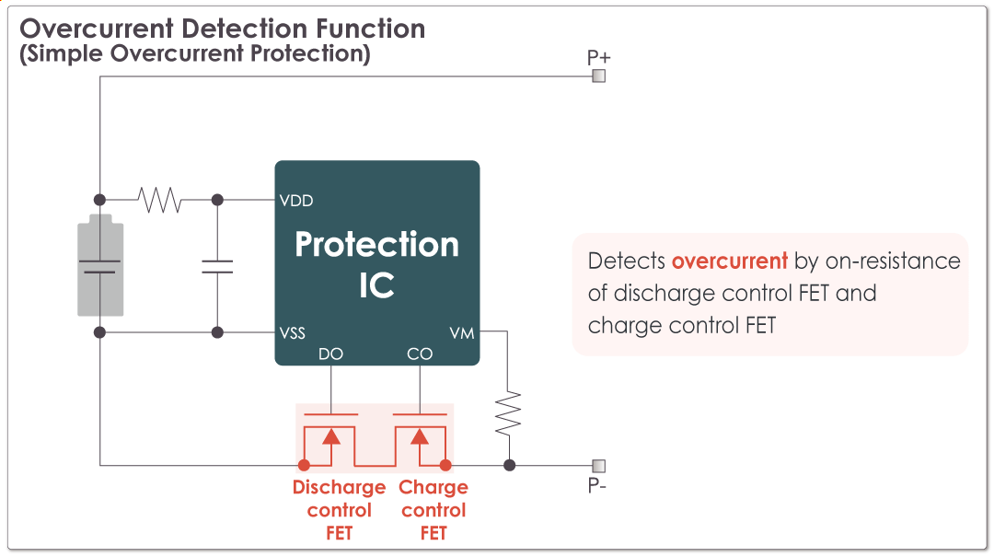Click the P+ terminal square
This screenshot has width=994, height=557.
(x=598, y=76)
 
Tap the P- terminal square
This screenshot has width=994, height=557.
(x=598, y=465)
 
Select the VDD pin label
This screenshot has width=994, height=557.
(x=296, y=201)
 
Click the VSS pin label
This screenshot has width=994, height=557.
(x=293, y=333)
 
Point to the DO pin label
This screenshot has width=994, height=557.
(x=330, y=354)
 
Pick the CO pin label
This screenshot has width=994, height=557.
(x=420, y=354)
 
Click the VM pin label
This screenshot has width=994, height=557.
(x=463, y=333)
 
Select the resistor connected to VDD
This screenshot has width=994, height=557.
(x=159, y=200)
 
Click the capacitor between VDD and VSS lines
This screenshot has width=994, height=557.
(x=217, y=267)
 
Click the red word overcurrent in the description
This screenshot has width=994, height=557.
(x=729, y=261)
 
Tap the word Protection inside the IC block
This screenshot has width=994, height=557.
(x=376, y=245)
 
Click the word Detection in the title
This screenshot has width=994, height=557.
(x=248, y=29)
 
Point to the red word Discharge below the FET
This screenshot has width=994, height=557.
(x=339, y=487)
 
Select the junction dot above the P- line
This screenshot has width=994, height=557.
(x=509, y=465)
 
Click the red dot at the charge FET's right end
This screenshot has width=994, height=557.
(x=445, y=465)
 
